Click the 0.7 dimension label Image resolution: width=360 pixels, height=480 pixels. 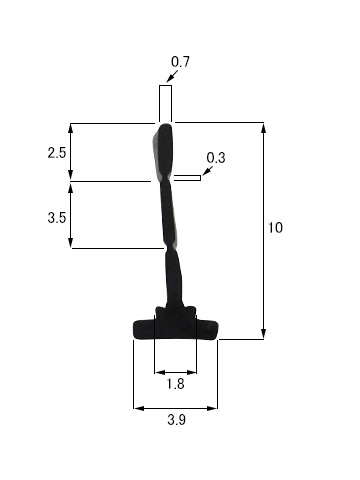(x=180, y=62)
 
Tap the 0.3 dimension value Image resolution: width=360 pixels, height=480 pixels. (x=216, y=158)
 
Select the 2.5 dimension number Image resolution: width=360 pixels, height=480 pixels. (x=57, y=153)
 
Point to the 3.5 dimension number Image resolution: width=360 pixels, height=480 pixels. (x=57, y=218)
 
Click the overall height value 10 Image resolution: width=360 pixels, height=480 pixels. (x=275, y=228)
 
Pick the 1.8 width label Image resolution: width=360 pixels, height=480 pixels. (x=175, y=384)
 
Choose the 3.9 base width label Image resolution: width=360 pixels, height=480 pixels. (x=176, y=420)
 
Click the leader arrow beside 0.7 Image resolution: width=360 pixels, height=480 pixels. (x=172, y=76)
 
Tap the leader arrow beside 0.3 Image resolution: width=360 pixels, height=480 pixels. (x=207, y=171)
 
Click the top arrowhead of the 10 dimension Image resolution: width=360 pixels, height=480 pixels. (x=263, y=129)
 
